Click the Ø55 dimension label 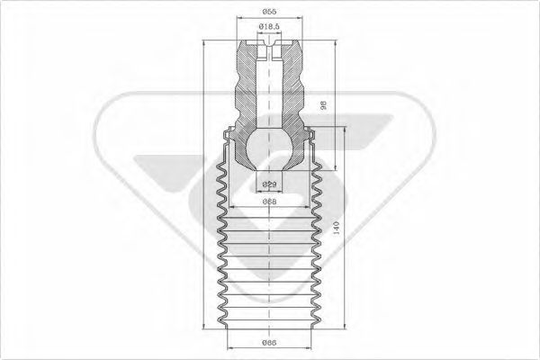(x=268, y=12)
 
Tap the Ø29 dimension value (x=268, y=184)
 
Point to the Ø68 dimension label (x=268, y=202)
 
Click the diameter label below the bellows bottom (x=268, y=343)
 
